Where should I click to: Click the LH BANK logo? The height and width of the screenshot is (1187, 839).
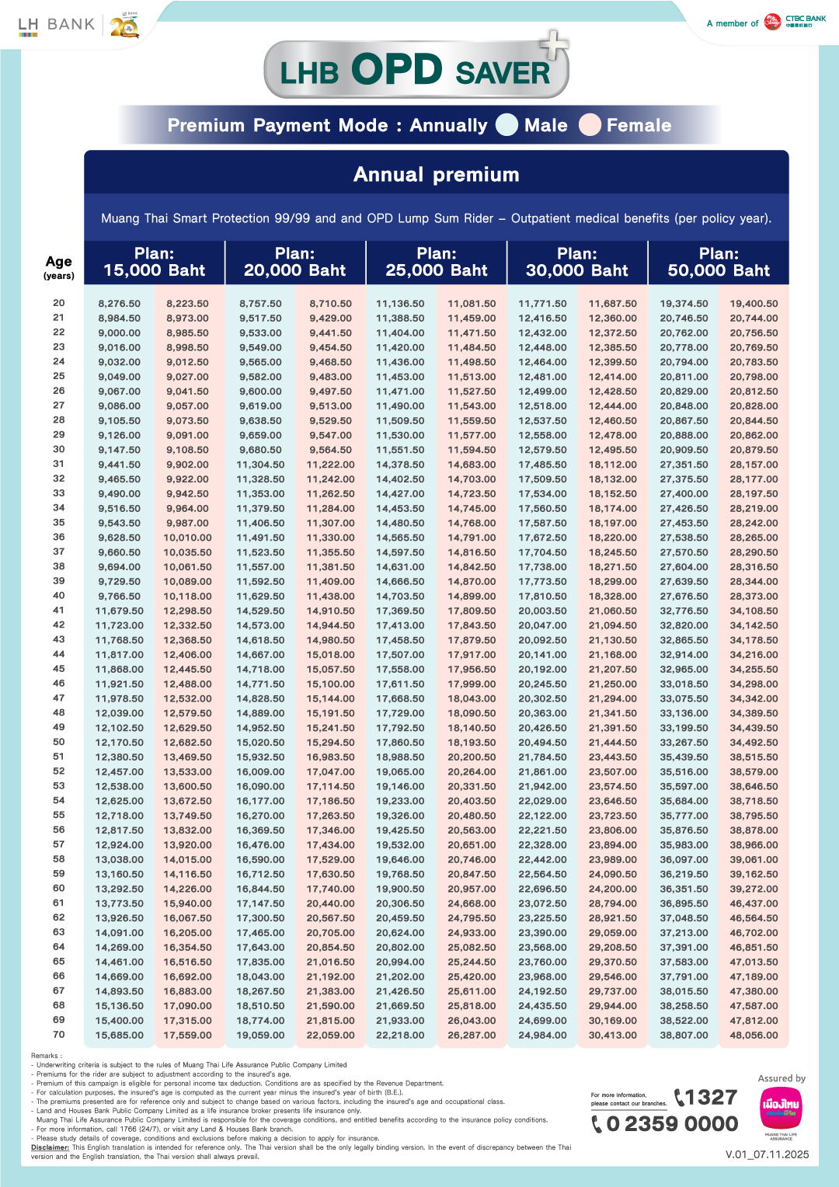coord(56,25)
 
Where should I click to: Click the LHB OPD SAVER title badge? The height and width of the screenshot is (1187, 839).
coord(416,70)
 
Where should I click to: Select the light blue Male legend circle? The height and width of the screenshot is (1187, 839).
coord(507,125)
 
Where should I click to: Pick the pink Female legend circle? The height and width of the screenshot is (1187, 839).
coord(590,125)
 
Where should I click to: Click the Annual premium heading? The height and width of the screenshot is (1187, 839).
coord(436,174)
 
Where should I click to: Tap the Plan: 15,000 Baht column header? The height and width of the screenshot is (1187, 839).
coord(154,262)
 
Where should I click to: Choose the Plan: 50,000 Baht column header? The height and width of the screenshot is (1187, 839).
coord(719,262)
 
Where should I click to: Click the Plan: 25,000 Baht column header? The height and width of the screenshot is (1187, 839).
coord(437,262)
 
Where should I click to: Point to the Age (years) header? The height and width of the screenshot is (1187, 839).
coord(59,266)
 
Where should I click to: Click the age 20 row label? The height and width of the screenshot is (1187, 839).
coord(59,303)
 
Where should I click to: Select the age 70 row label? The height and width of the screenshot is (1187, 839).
coord(59,1035)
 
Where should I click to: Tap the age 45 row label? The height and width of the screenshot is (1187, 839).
coord(59,669)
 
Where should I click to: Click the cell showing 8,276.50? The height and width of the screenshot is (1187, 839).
coord(120,304)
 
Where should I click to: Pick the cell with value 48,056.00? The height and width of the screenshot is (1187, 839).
coord(754,1036)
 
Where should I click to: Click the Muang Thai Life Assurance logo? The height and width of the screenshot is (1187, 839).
coord(781,1109)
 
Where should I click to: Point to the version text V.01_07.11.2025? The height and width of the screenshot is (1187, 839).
coord(767,1154)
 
